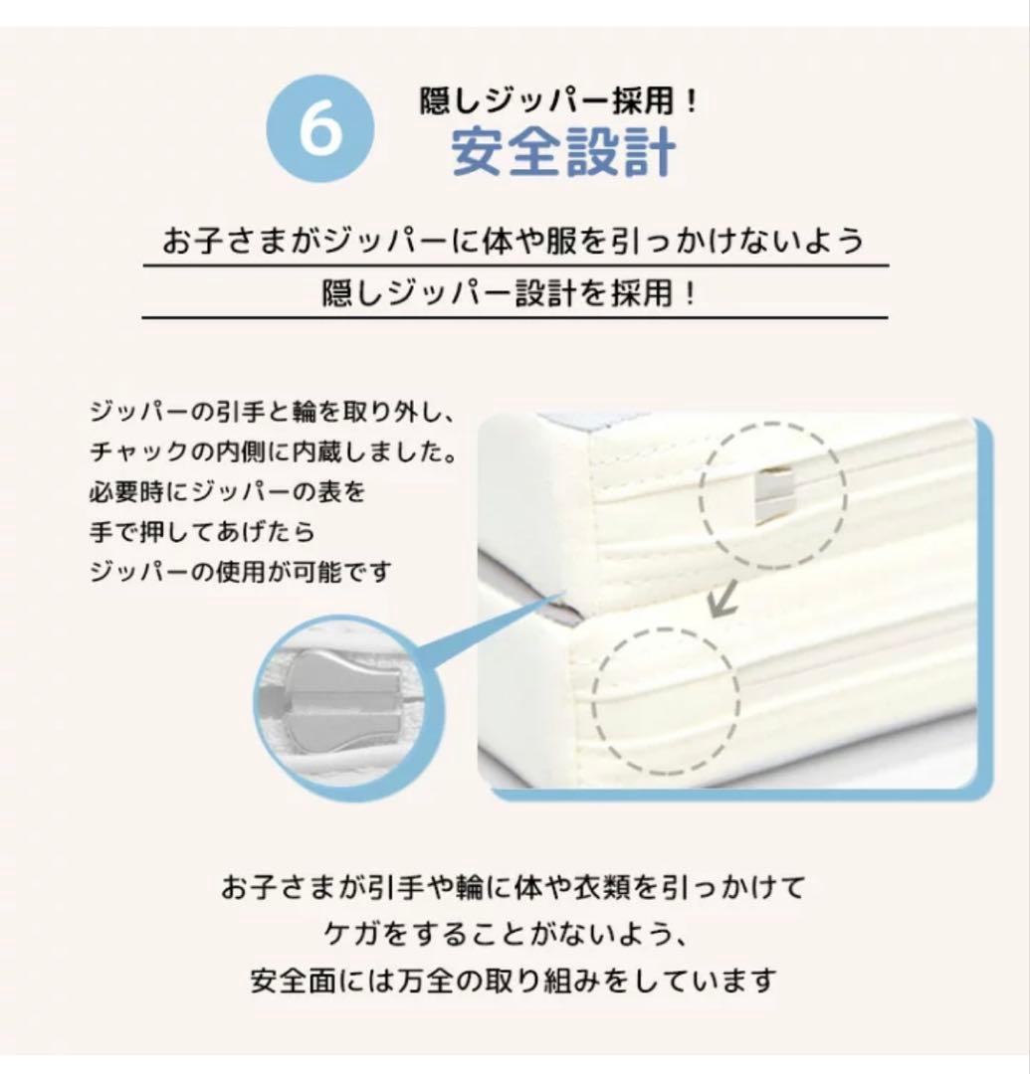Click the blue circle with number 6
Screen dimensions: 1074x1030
320,129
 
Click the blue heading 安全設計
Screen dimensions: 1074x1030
563,153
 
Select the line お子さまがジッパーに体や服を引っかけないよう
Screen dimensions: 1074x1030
514,242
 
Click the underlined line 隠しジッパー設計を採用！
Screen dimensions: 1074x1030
514,294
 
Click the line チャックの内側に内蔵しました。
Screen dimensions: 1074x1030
275,451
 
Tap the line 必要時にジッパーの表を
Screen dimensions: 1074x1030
228,491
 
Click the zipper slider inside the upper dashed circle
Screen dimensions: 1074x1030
772,494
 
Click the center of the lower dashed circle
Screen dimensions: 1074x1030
667,695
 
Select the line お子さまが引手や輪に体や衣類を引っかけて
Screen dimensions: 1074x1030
513,886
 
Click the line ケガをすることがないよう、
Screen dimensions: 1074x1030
514,934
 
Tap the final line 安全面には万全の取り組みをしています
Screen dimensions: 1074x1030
513,982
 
